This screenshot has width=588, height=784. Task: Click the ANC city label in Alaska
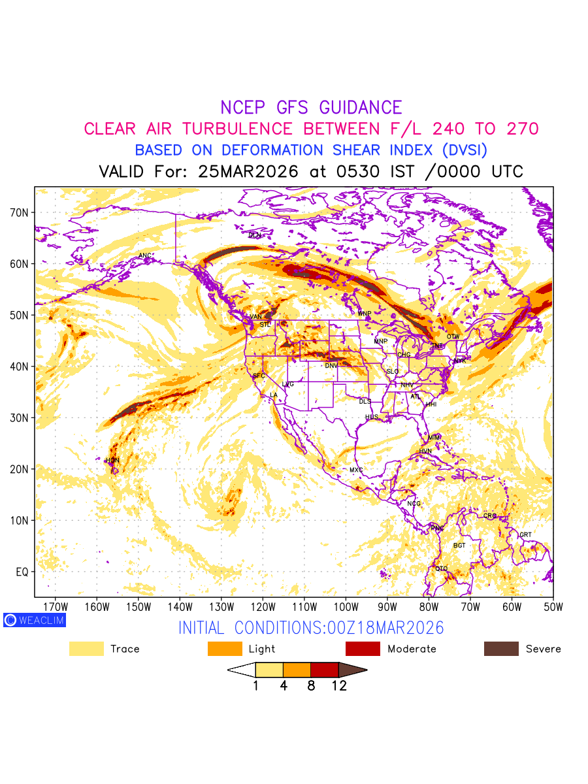click(145, 255)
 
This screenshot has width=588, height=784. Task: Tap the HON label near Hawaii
click(113, 461)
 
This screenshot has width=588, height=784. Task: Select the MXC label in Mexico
click(356, 470)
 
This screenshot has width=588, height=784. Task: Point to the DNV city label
click(332, 366)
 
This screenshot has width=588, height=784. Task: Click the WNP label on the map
click(364, 314)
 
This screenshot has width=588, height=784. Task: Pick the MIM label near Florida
click(434, 437)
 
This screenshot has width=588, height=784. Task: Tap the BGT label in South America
click(459, 546)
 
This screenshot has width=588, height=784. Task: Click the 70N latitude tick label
click(23, 213)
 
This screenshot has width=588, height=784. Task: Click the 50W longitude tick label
click(553, 607)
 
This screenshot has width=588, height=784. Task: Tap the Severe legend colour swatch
click(501, 649)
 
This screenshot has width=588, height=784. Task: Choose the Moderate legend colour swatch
click(363, 649)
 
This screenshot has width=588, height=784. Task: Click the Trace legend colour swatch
click(86, 649)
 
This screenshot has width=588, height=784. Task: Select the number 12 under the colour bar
click(339, 686)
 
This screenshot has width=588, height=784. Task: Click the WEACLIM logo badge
click(35, 620)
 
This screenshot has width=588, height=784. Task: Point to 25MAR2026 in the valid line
click(250, 172)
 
